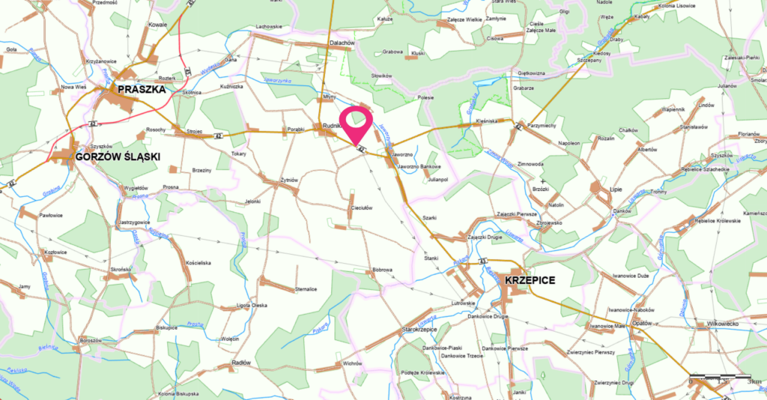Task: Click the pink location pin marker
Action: [x=357, y=124]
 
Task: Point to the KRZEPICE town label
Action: [x=530, y=279]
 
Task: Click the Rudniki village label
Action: [x=331, y=126]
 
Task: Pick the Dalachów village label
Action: [x=342, y=43]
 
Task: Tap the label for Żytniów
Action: [x=289, y=180]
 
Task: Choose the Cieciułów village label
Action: [x=362, y=208]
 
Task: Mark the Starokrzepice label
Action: [x=419, y=329]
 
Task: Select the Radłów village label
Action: [x=241, y=362]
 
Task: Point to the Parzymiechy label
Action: [x=542, y=125]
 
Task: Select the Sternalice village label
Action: [x=307, y=288]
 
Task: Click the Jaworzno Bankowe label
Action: [x=420, y=166]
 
